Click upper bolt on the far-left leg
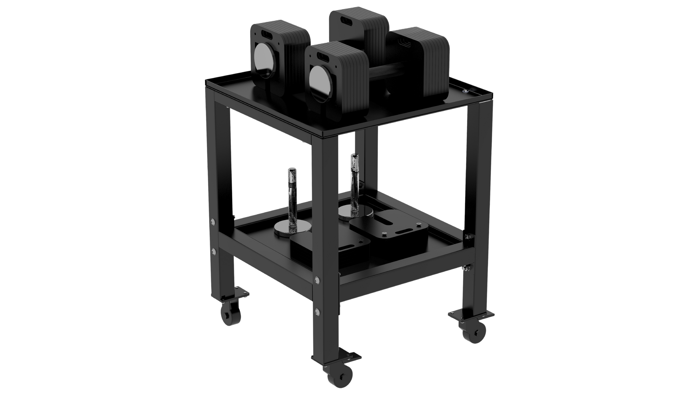213,221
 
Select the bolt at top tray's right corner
466,92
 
